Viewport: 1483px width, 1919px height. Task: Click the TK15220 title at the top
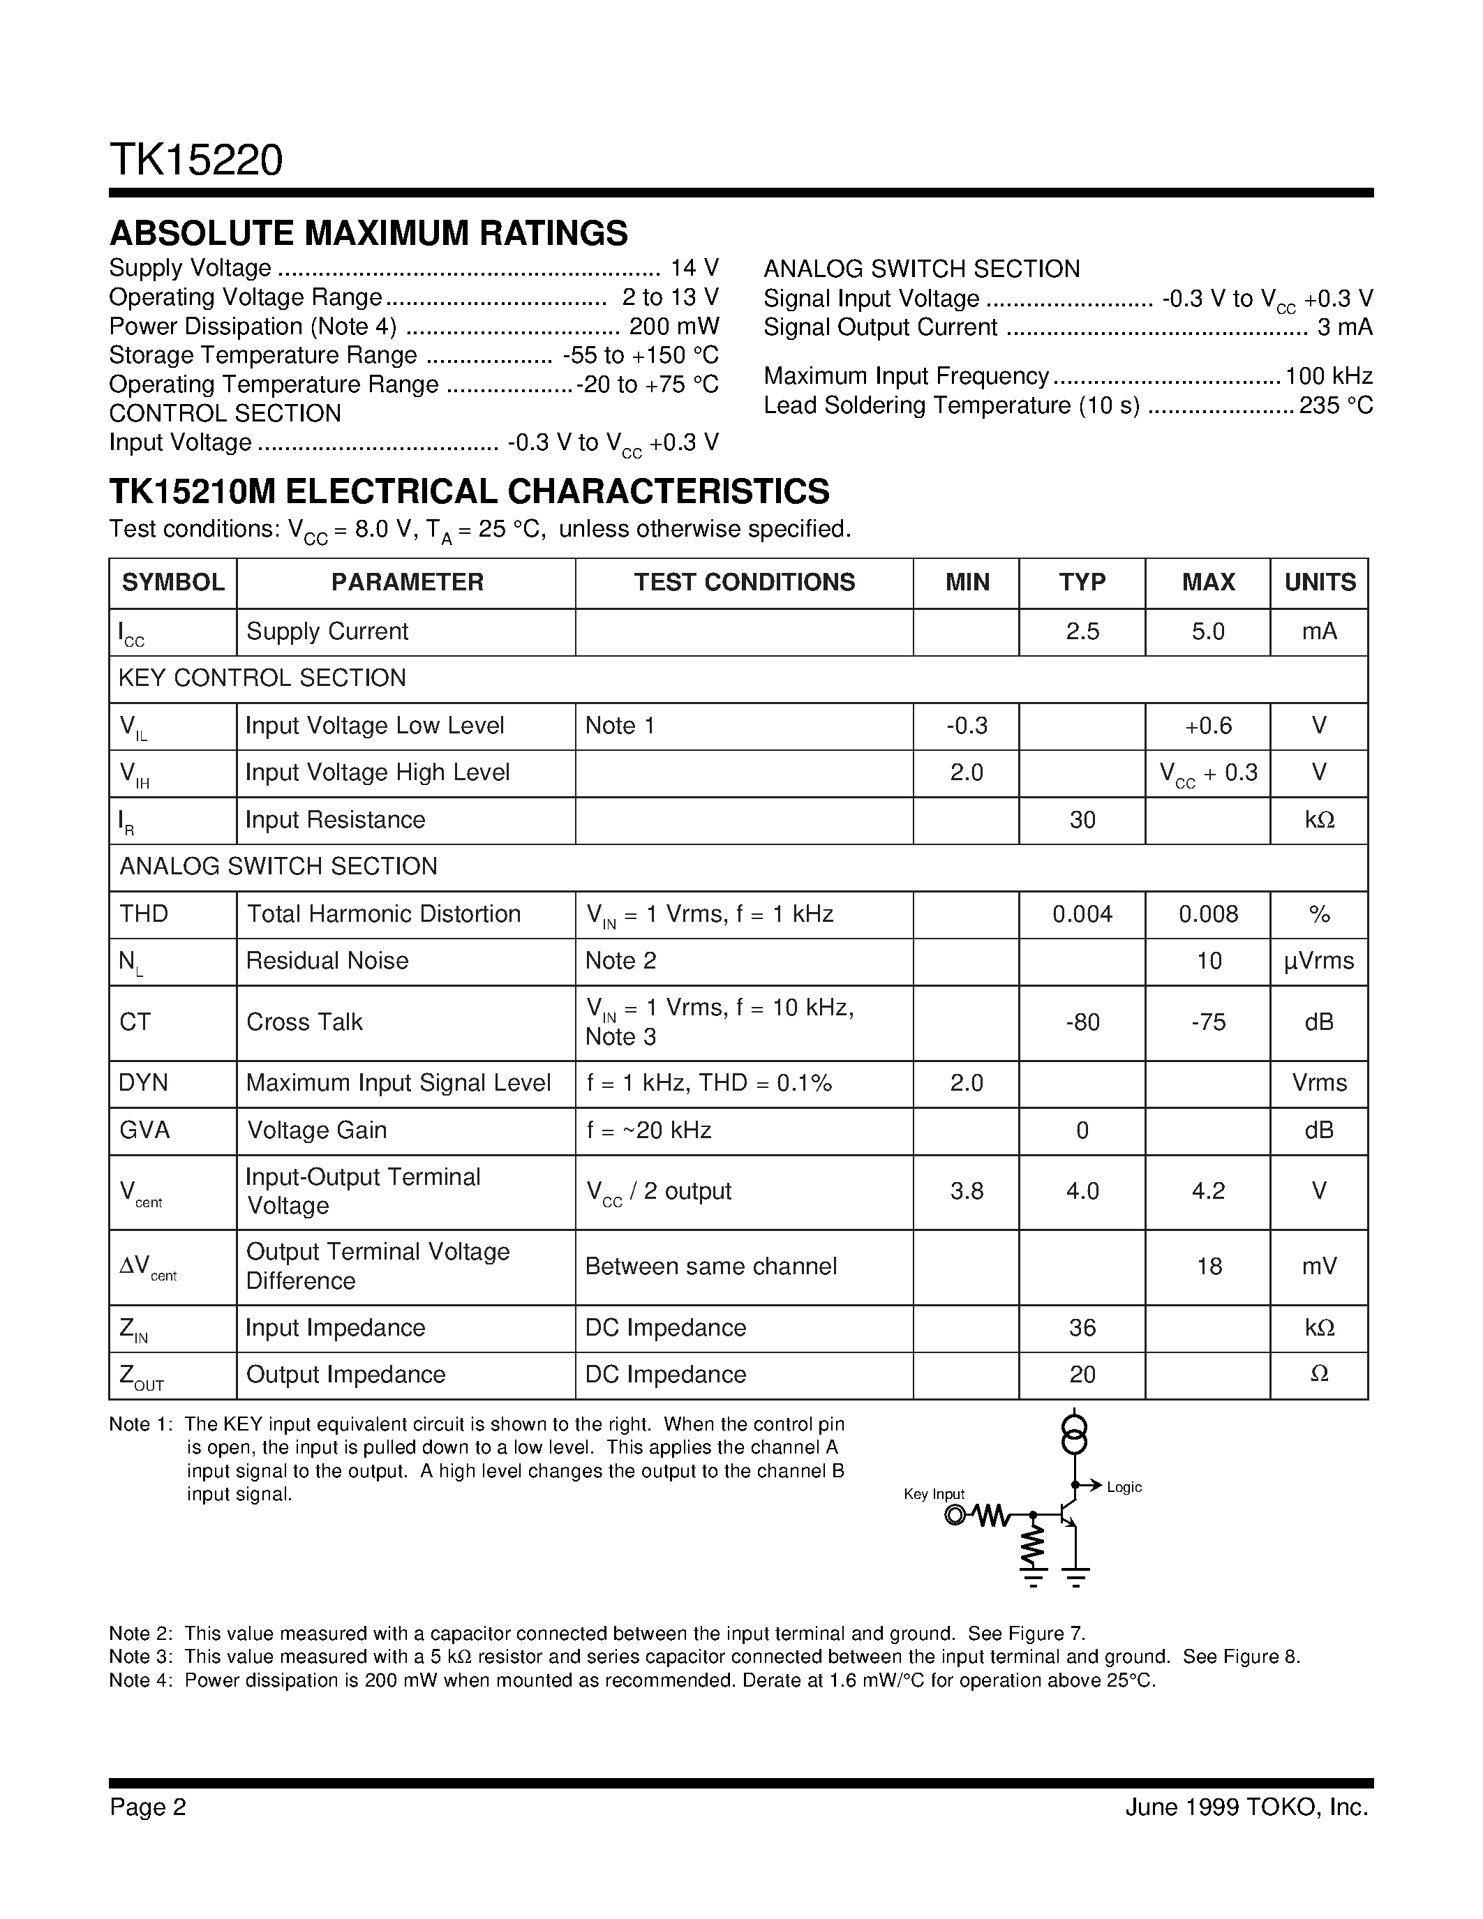[196, 160]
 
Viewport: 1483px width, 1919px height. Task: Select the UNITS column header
[1320, 583]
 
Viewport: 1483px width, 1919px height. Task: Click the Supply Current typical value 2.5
[1082, 632]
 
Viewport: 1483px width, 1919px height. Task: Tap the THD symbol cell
[143, 914]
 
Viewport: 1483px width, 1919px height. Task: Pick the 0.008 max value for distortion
[1208, 914]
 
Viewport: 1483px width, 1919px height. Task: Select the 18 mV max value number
[1209, 1266]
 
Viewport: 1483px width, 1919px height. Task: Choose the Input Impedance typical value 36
[1082, 1328]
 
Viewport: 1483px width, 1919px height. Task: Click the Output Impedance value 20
[1082, 1374]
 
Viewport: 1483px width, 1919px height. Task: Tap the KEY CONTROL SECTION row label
[262, 678]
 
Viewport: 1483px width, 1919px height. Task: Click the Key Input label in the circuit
[934, 1494]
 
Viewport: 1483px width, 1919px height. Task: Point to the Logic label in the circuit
[1124, 1486]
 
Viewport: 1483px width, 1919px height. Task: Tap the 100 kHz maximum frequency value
[1328, 377]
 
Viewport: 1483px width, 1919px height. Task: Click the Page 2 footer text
[147, 1807]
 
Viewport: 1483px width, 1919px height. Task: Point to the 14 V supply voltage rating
[694, 268]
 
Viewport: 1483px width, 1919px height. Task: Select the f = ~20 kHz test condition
[648, 1130]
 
